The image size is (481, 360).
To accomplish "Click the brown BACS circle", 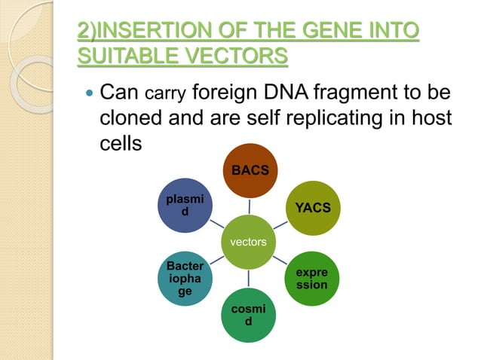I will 250,171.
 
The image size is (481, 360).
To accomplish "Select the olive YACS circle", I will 313,208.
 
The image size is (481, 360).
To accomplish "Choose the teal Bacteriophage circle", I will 185,280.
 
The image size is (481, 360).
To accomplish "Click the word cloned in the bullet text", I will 133,119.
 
